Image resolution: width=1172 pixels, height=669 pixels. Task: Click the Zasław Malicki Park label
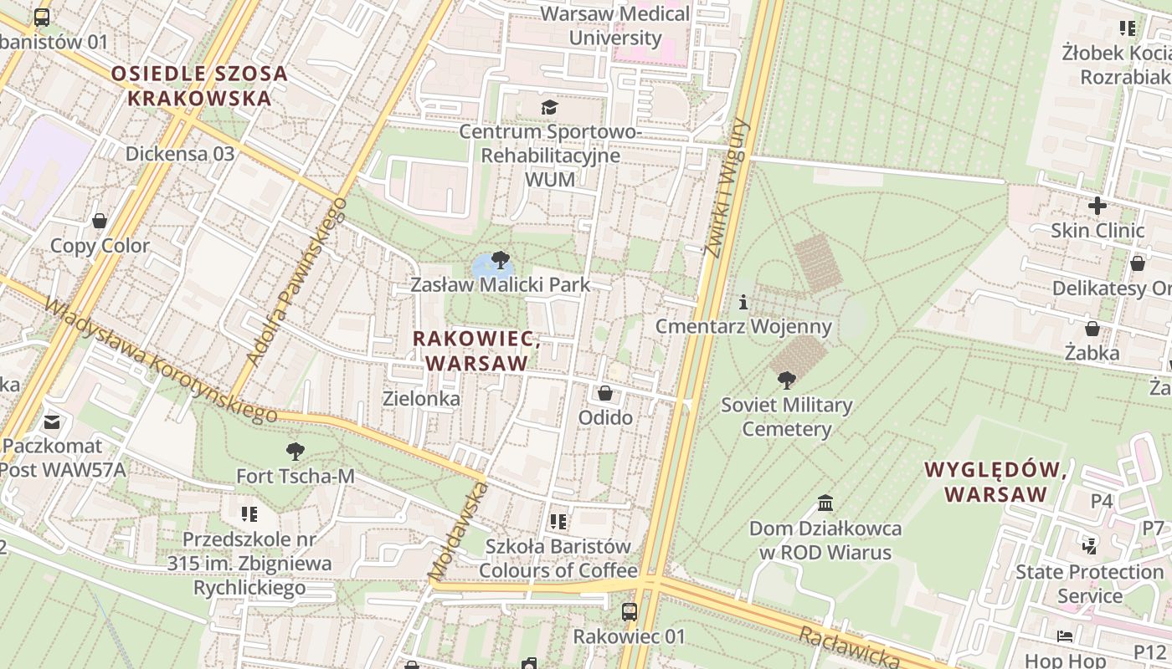(500, 284)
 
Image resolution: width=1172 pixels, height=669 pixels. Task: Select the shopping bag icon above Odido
(605, 392)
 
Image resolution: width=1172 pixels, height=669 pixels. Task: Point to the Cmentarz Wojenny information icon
(743, 302)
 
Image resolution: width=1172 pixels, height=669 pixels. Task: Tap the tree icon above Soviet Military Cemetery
(786, 380)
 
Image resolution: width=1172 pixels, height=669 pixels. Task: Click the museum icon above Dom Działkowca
(825, 503)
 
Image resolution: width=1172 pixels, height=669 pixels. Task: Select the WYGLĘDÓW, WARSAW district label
(995, 482)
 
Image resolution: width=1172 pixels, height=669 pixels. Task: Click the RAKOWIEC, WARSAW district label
(477, 350)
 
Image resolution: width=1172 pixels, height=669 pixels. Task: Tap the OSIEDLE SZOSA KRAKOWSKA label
(199, 85)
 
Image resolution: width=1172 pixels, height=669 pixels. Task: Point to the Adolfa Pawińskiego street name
(296, 282)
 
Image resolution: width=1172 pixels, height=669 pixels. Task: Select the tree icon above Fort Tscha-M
(295, 452)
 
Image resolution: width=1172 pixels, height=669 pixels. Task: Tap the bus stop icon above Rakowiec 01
(630, 612)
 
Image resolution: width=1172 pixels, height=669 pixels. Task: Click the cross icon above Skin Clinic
(1097, 205)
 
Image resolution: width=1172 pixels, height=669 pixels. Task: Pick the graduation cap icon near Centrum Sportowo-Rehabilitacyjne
(549, 107)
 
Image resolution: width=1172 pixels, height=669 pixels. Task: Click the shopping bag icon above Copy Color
(100, 221)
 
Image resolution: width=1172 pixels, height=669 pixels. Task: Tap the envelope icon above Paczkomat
(52, 421)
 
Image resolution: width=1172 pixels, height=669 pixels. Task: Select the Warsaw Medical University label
(615, 26)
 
